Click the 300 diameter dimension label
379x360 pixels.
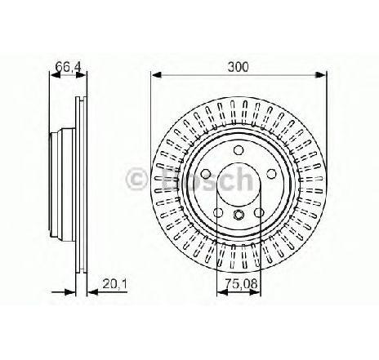click(x=239, y=67)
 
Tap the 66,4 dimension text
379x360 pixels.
click(x=68, y=67)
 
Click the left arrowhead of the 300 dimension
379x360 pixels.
click(x=156, y=74)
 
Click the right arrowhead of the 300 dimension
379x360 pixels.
click(x=320, y=74)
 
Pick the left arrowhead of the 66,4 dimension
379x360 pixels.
click(x=55, y=74)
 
